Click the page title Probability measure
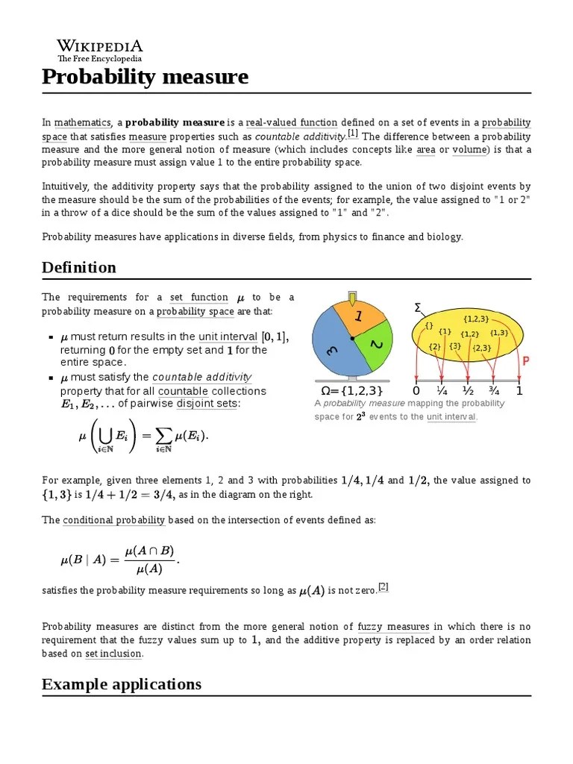point(145,76)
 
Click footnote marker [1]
point(353,134)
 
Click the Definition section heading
point(79,267)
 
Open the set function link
point(199,297)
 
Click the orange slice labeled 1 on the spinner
point(357,316)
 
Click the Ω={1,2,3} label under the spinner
point(351,390)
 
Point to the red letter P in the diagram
point(525,361)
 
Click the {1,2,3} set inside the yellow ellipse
point(476,319)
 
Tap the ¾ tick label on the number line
point(493,390)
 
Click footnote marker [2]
point(383,586)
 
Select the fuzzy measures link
point(393,627)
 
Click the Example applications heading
point(122,684)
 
